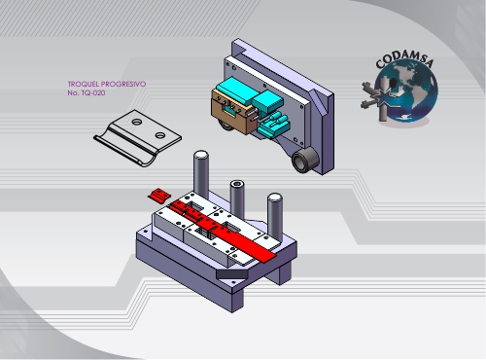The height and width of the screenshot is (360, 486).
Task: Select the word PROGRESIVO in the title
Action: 123,84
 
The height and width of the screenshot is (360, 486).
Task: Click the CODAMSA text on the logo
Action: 405,59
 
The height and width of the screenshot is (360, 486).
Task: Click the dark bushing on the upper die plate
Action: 305,160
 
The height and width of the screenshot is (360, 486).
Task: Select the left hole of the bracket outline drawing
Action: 137,122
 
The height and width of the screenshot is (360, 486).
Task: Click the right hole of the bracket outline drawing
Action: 160,134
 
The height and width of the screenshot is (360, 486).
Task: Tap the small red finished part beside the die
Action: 158,196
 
